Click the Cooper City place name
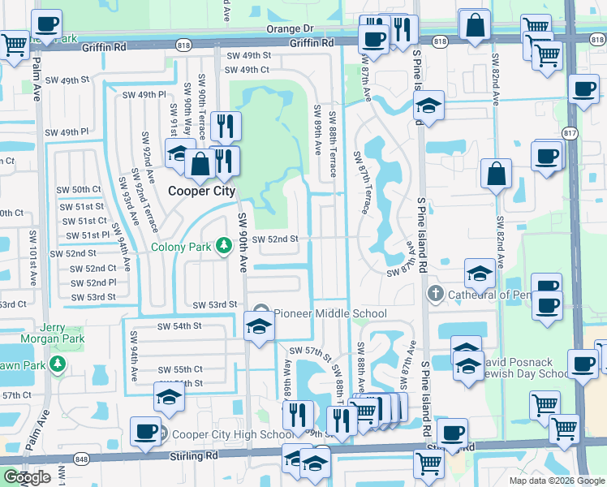tap(201, 192)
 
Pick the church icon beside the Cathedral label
tap(435, 294)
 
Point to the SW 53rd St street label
tap(214, 304)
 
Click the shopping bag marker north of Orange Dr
tap(474, 24)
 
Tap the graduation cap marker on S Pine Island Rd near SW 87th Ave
tap(429, 106)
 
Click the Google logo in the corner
tap(27, 478)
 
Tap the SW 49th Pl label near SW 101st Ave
tap(67, 132)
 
